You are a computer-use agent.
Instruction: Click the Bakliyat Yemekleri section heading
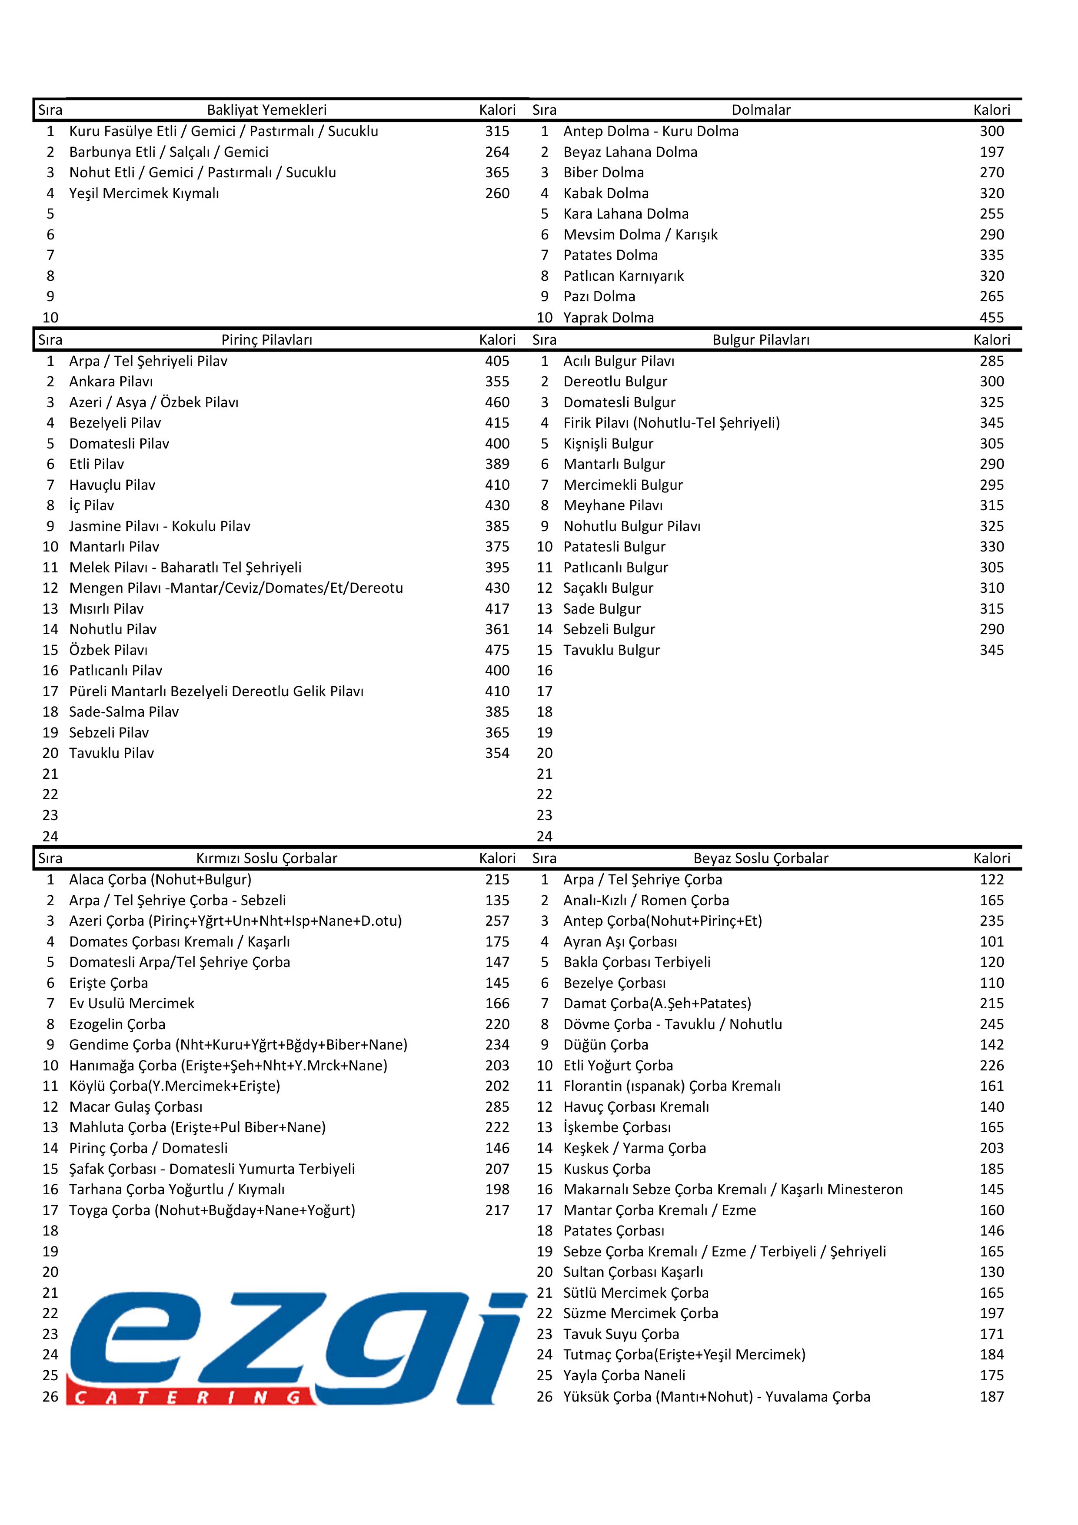(266, 110)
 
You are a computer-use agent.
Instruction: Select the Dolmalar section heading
(761, 110)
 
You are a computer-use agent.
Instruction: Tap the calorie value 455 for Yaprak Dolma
(991, 318)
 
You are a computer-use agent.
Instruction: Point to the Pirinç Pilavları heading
(266, 340)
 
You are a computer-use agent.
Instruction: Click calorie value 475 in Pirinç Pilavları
(497, 650)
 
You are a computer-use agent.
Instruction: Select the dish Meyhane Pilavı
(612, 505)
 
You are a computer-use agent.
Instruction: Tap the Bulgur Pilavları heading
(761, 340)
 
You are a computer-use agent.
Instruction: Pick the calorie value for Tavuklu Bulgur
(991, 650)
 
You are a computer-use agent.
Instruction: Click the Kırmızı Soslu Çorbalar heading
(266, 858)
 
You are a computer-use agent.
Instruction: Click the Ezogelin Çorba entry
(117, 1024)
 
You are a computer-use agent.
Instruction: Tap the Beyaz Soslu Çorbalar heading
(761, 858)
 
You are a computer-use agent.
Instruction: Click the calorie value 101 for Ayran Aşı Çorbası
(991, 942)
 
